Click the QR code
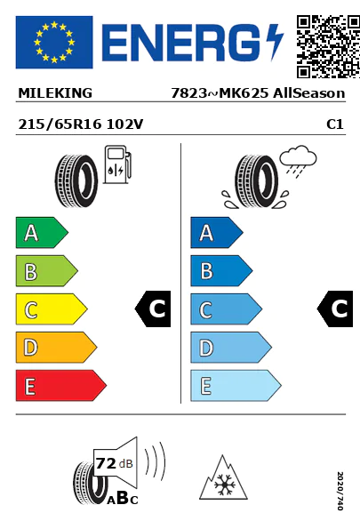[x=328, y=46]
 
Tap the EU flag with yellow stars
[x=54, y=42]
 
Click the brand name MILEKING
[x=55, y=93]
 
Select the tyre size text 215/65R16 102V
[x=81, y=124]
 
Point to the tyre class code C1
[x=335, y=124]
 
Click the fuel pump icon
[x=116, y=164]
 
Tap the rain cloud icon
[x=298, y=160]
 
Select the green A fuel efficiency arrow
[x=42, y=232]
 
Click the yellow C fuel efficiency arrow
[x=52, y=309]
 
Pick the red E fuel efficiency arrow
[x=61, y=386]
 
